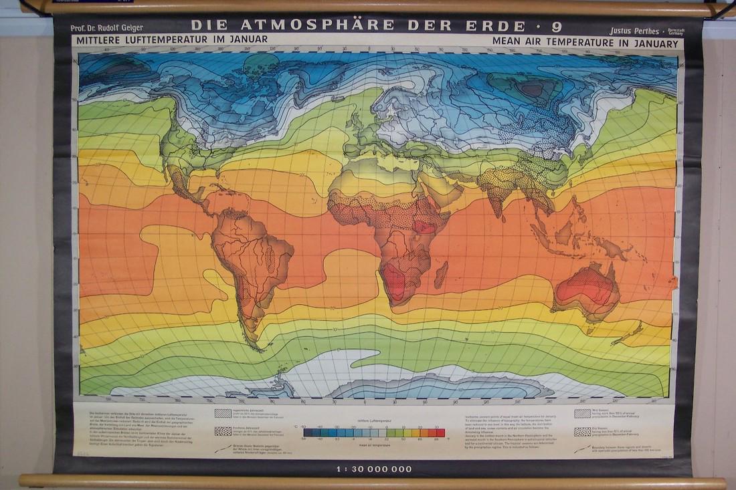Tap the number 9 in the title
(557, 27)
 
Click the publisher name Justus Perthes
(635, 31)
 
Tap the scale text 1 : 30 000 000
(374, 469)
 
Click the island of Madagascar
(441, 274)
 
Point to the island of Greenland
(261, 67)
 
